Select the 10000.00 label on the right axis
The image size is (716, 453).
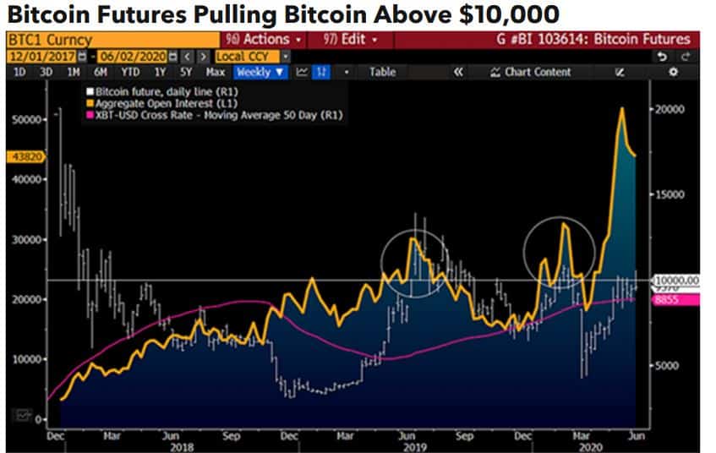[x=678, y=280]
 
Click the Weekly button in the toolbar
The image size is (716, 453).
[x=260, y=72]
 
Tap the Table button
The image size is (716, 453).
[x=382, y=72]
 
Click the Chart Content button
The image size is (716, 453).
[x=531, y=72]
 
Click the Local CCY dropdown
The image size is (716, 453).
[x=245, y=56]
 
